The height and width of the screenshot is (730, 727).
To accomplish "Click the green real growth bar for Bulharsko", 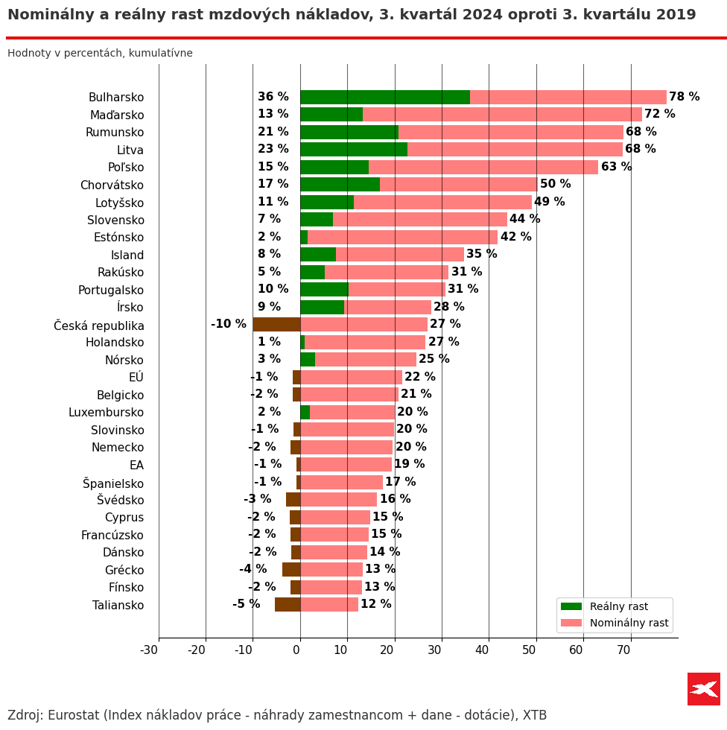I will coord(384,98).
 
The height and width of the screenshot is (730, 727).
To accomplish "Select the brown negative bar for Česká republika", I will coord(276,325).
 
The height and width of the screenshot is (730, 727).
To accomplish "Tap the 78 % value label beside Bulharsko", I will coord(684,98).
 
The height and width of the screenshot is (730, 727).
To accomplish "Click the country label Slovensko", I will coord(115,220).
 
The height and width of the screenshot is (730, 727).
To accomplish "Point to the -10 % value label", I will coord(228,325).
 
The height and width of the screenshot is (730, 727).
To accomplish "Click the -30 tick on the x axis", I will coord(149,650).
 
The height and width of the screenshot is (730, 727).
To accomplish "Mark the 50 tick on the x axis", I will coord(529,650).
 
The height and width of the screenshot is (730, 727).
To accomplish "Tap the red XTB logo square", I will coord(703,689).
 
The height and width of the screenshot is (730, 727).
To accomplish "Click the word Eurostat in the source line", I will coord(74,716).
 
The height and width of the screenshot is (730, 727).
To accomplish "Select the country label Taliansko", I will coord(118,605).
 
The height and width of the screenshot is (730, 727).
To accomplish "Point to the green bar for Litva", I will coord(353,150).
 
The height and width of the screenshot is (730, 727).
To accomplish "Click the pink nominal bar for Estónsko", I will coord(402,238).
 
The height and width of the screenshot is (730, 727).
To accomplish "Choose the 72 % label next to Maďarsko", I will coord(659,115).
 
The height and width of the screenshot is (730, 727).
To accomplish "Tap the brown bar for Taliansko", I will coord(288,605).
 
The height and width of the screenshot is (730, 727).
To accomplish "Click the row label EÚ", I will coord(136,378).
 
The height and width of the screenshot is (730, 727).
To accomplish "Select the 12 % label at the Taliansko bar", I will coord(375,605).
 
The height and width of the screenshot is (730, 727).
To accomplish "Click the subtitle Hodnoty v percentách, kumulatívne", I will coord(100,54).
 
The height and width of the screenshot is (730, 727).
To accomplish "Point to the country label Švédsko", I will coord(120,500).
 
